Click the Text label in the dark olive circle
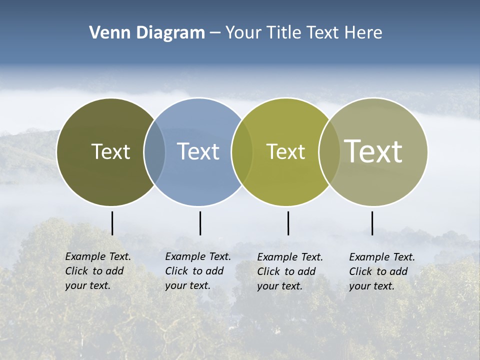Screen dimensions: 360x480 (110, 151)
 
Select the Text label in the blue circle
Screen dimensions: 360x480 (198, 151)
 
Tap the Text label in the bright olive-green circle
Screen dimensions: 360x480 (285, 151)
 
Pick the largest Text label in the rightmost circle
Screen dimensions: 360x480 (373, 151)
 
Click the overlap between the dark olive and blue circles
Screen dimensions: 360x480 (154, 151)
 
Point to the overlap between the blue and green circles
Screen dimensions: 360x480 (242, 151)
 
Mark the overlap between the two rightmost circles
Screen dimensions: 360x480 (329, 151)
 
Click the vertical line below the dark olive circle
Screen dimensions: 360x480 (112, 223)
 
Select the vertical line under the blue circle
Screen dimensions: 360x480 (200, 223)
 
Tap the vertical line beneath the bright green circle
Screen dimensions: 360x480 (288, 223)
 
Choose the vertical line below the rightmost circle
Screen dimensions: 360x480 (372, 223)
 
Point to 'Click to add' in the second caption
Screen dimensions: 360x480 (194, 271)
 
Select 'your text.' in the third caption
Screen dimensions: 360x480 (279, 286)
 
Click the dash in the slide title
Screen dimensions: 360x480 (214, 33)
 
